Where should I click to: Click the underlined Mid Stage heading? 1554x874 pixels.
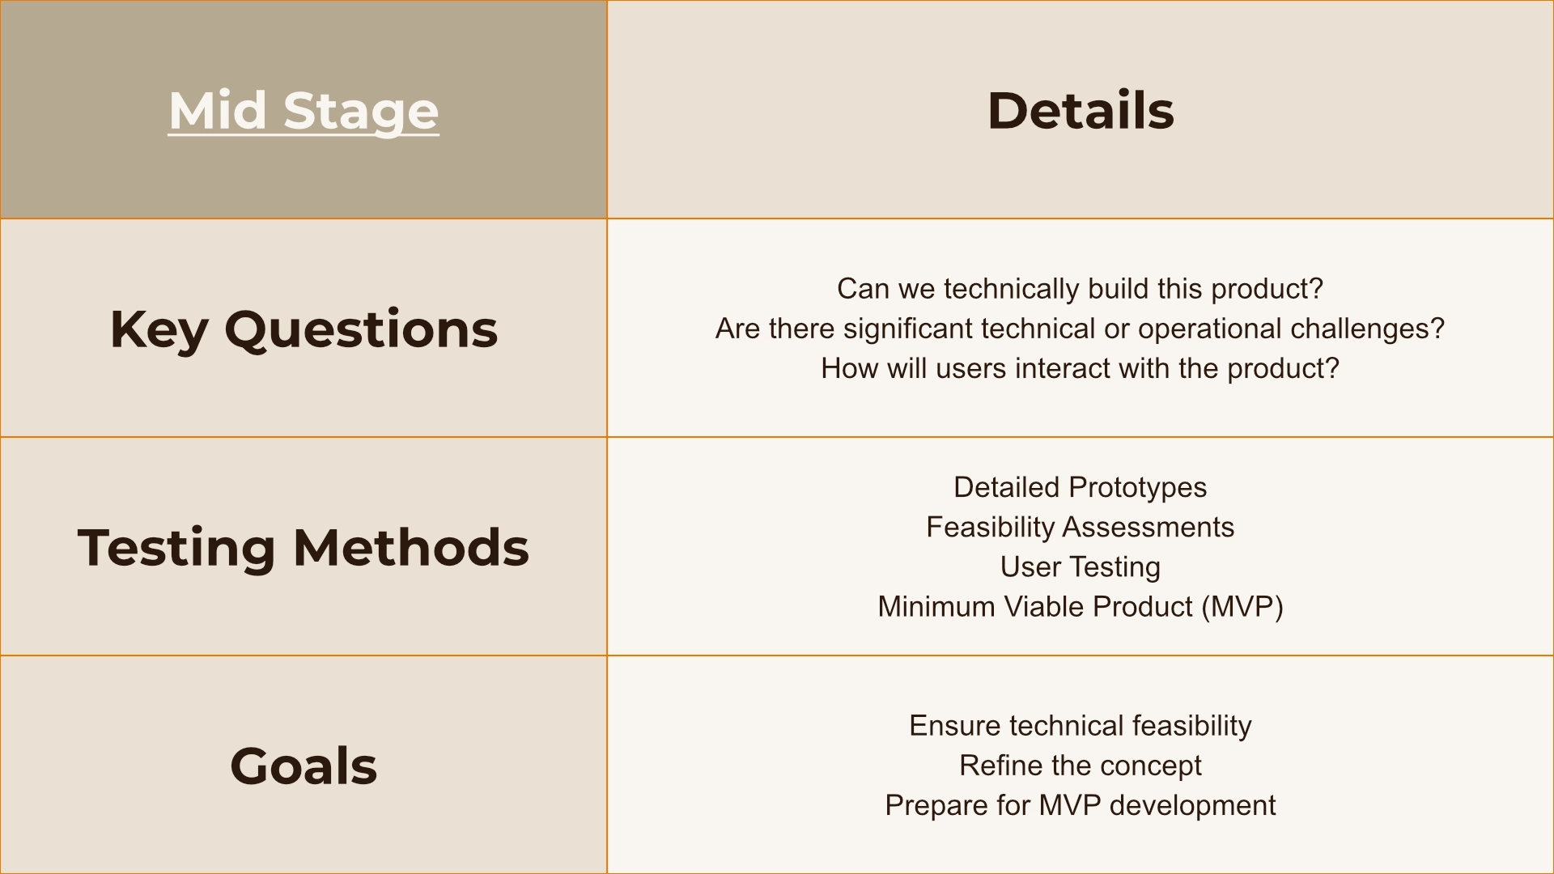pyautogui.click(x=304, y=111)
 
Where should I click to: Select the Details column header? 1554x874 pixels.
pyautogui.click(x=1081, y=110)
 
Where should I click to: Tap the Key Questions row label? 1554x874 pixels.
pyautogui.click(x=304, y=329)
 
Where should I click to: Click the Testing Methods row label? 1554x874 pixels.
pyautogui.click(x=304, y=547)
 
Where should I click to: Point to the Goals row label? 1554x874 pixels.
pyautogui.click(x=304, y=766)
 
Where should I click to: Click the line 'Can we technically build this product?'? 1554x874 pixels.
pyautogui.click(x=1080, y=289)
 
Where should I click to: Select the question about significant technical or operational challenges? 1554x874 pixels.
pyautogui.click(x=1080, y=329)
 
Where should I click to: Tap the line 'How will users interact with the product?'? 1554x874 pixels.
pyautogui.click(x=1080, y=368)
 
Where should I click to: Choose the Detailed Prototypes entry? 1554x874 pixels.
pyautogui.click(x=1080, y=487)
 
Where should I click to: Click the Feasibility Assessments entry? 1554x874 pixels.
pyautogui.click(x=1080, y=527)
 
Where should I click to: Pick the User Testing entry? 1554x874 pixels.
pyautogui.click(x=1080, y=566)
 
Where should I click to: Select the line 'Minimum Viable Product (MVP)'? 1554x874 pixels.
pyautogui.click(x=1080, y=607)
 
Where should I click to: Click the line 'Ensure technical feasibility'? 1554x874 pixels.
pyautogui.click(x=1080, y=726)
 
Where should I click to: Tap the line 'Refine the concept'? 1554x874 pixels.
pyautogui.click(x=1080, y=766)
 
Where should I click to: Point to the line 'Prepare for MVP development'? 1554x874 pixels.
pyautogui.click(x=1080, y=805)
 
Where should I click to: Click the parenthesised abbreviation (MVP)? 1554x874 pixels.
pyautogui.click(x=1242, y=607)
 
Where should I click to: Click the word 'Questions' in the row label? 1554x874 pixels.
pyautogui.click(x=361, y=329)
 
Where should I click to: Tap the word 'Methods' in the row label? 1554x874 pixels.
pyautogui.click(x=411, y=547)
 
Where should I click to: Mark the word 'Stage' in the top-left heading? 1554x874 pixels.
pyautogui.click(x=361, y=111)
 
